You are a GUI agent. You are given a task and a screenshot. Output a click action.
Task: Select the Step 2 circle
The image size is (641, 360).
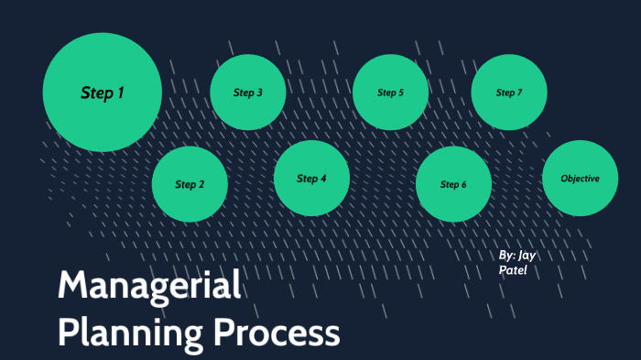pos(190,184)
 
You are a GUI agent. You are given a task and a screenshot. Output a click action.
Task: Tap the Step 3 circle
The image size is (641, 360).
pos(248,93)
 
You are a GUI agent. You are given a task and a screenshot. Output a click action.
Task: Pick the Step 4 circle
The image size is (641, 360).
pos(311,178)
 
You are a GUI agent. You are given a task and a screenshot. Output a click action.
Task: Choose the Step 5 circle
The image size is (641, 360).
pos(390,93)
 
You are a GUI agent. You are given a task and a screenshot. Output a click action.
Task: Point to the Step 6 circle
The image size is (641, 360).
pos(453,184)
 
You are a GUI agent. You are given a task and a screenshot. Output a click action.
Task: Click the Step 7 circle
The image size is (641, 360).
pos(509,93)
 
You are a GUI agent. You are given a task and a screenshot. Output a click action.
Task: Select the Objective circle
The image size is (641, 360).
pos(580,178)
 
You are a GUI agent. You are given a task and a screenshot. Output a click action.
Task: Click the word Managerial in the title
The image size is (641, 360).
pos(149,287)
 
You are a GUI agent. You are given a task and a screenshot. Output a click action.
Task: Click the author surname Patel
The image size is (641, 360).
pos(514,271)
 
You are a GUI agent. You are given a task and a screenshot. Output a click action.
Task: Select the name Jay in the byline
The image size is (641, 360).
pos(527,256)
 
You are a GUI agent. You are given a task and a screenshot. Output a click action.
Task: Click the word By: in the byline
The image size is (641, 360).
pos(507,256)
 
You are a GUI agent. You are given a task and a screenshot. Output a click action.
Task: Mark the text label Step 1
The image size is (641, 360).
pos(103,93)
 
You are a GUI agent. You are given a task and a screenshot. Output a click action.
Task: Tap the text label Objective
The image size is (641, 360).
pos(580,178)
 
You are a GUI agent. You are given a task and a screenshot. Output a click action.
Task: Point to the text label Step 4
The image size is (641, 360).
pos(311,178)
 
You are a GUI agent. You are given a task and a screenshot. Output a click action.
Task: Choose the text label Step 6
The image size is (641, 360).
pos(453,184)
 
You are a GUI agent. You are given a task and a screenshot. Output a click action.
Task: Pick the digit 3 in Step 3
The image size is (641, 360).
pos(259,93)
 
